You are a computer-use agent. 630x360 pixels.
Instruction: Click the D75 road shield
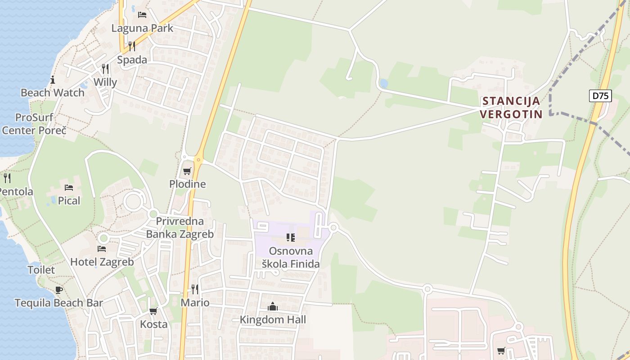600,95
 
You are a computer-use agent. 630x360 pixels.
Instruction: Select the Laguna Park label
142,28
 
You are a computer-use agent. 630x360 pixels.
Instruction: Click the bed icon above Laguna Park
142,14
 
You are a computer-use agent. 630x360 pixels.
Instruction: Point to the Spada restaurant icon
132,46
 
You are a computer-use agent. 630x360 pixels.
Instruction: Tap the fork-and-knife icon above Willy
105,68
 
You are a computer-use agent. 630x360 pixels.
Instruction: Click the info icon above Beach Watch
53,80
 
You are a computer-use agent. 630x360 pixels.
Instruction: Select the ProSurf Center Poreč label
34,124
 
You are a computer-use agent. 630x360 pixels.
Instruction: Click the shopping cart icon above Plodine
187,171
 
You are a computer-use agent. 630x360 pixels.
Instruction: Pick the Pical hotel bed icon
69,187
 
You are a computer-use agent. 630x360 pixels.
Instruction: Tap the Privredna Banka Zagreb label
180,228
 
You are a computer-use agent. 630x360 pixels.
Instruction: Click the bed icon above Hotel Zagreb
102,248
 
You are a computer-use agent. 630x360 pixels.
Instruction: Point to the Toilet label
41,270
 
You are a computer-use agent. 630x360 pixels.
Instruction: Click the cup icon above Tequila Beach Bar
58,290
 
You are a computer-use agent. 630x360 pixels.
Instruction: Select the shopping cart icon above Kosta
153,311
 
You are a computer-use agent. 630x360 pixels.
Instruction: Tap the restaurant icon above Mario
195,289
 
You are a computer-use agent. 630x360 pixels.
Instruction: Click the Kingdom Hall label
273,319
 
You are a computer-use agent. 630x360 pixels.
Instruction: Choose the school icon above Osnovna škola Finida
291,237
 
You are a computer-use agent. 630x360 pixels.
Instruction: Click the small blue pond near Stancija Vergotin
383,83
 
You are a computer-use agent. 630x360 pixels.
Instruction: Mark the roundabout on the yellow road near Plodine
198,159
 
